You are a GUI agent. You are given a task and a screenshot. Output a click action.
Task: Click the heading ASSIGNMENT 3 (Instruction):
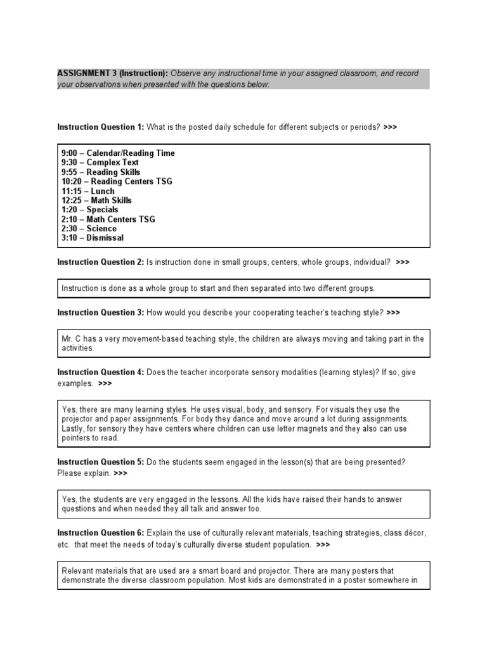112,74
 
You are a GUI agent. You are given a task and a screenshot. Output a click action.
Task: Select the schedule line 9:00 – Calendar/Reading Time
118,153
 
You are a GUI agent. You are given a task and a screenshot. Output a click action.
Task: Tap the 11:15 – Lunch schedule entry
88,191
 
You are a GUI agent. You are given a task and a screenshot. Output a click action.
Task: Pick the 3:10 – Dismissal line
93,238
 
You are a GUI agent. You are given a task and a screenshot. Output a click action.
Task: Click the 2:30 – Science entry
89,228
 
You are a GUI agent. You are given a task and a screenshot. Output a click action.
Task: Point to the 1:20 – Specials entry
89,209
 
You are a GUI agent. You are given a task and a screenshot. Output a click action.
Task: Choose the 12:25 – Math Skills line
96,200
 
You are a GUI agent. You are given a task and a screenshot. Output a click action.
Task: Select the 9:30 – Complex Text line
100,162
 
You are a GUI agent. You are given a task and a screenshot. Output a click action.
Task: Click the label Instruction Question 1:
101,127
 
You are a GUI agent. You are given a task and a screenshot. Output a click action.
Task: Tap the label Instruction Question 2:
101,262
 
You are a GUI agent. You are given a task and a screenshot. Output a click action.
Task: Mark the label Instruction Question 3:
101,312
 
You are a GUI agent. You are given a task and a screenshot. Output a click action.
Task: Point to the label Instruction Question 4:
101,373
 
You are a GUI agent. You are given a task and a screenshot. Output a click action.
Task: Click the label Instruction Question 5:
101,462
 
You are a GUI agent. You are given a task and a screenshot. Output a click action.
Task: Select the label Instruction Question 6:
101,534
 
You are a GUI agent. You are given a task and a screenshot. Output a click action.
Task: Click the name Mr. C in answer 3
71,339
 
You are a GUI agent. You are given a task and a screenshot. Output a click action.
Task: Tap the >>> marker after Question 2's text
402,262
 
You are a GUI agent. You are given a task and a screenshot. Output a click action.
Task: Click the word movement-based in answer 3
150,339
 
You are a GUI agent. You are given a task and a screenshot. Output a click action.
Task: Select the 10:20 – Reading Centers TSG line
117,181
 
